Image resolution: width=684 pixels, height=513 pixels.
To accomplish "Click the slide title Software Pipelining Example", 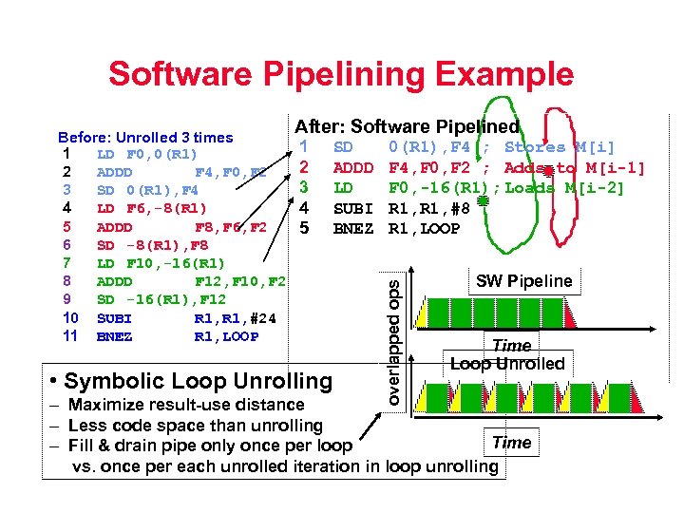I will (341, 73).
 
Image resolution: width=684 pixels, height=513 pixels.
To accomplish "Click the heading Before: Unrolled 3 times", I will (145, 138).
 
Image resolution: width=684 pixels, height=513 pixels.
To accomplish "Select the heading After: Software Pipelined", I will (407, 126).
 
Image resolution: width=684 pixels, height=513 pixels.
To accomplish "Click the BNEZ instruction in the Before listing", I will (115, 336).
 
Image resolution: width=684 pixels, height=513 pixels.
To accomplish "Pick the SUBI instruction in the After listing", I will (352, 208).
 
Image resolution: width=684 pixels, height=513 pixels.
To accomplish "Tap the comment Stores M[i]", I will (560, 147).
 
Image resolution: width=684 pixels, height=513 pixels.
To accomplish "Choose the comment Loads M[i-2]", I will (564, 188).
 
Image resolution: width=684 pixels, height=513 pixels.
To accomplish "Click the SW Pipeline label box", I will (523, 280).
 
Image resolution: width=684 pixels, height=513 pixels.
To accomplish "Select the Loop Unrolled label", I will (507, 364).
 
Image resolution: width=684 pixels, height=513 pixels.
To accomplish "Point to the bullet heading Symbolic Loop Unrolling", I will (190, 382).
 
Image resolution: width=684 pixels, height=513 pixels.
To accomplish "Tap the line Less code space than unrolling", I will (195, 426).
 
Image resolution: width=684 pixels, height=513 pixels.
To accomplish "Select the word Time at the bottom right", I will (511, 443).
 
